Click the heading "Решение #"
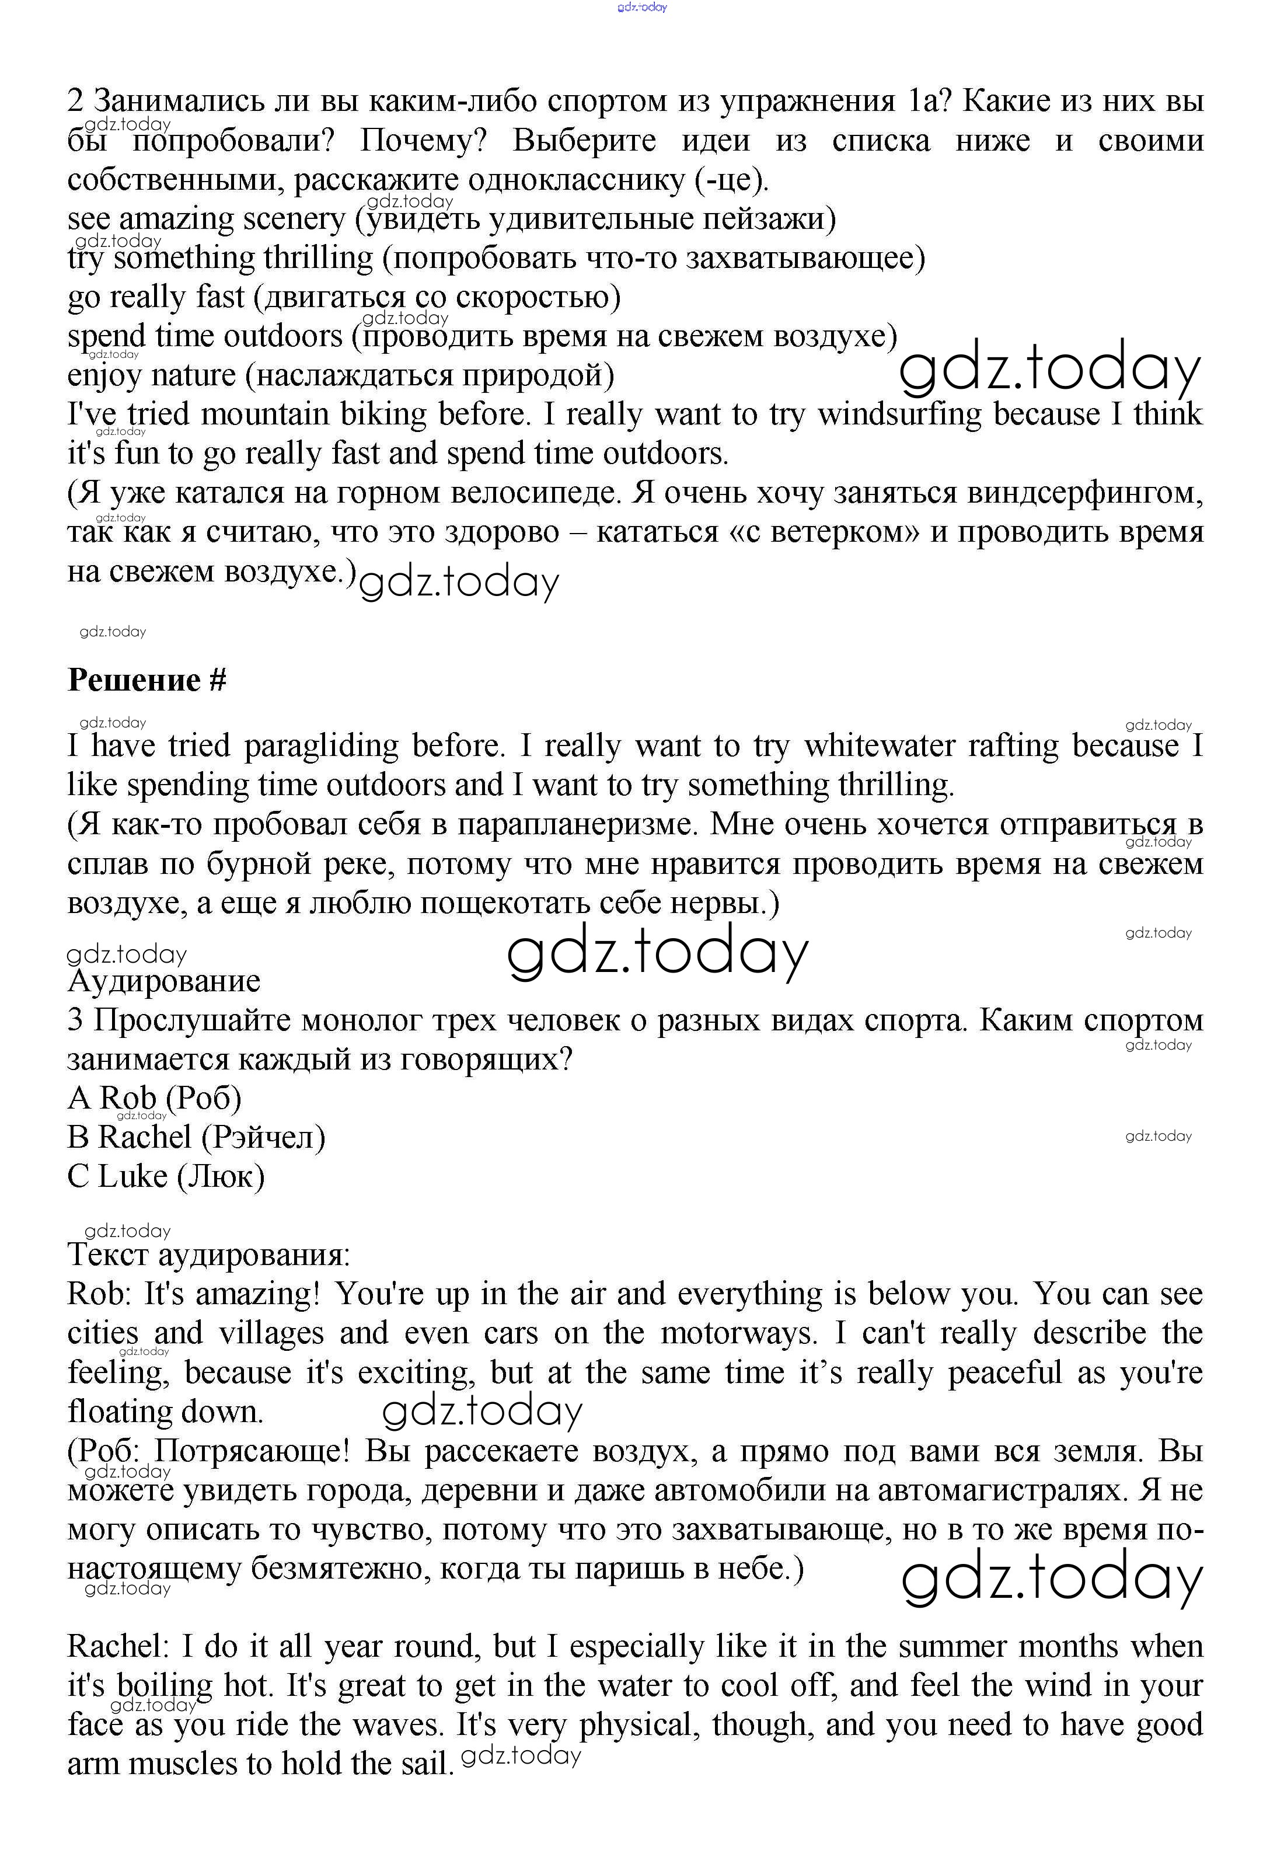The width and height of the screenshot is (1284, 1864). pos(146,681)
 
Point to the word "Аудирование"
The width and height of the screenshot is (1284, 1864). pos(164,981)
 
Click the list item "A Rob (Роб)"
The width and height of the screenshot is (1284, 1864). pos(155,1098)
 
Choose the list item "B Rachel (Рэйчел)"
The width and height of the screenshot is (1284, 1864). pos(196,1138)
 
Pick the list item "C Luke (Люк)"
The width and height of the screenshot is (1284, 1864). pos(166,1177)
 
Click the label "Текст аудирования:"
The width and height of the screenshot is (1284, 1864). pos(208,1255)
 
